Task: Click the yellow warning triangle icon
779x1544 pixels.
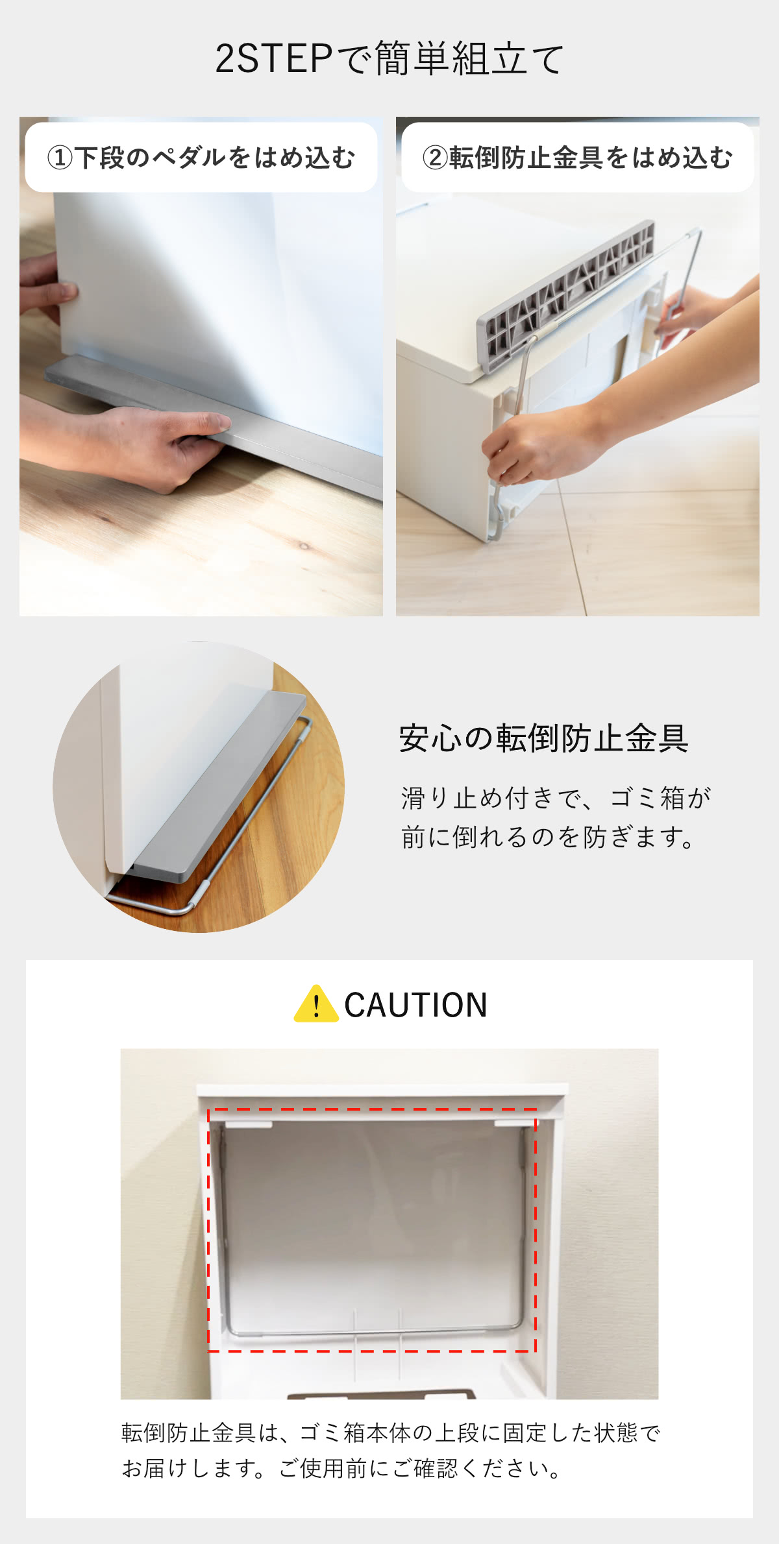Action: coord(316,1004)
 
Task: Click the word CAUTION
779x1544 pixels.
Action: coord(415,1005)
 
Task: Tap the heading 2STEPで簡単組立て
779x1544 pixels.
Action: coord(389,58)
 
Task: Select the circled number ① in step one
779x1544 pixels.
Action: coord(60,158)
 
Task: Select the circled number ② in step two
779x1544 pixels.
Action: coord(436,158)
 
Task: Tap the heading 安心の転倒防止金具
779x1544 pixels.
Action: coord(544,738)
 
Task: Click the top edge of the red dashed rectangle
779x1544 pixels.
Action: coord(372,1109)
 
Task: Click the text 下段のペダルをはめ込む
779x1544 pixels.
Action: coord(215,158)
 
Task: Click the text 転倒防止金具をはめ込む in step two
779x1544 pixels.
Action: coord(591,158)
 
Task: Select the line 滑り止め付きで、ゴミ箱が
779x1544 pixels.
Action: coord(556,798)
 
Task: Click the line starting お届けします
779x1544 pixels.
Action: coord(342,1467)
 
